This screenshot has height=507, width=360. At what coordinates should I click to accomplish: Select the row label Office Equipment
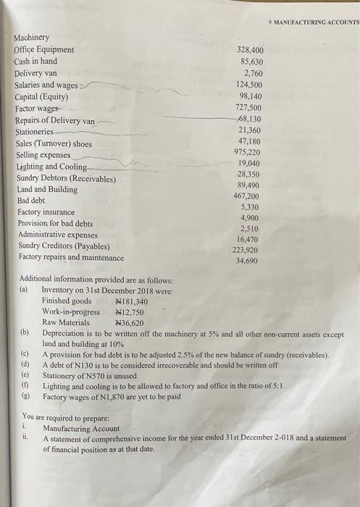click(43, 50)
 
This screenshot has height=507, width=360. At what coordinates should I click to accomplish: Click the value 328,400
click(250, 51)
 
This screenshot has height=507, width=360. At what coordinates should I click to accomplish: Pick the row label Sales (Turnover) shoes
click(54, 143)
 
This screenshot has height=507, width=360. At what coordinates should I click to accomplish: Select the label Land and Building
click(47, 189)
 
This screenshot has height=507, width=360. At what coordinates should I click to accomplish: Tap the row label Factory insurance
click(46, 211)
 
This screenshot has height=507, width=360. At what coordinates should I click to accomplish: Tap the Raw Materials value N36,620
click(130, 323)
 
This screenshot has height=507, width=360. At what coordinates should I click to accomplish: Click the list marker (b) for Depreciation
click(25, 334)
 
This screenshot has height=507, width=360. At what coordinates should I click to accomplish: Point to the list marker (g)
click(25, 398)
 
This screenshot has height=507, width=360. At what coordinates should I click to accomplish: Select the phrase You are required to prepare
click(66, 417)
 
